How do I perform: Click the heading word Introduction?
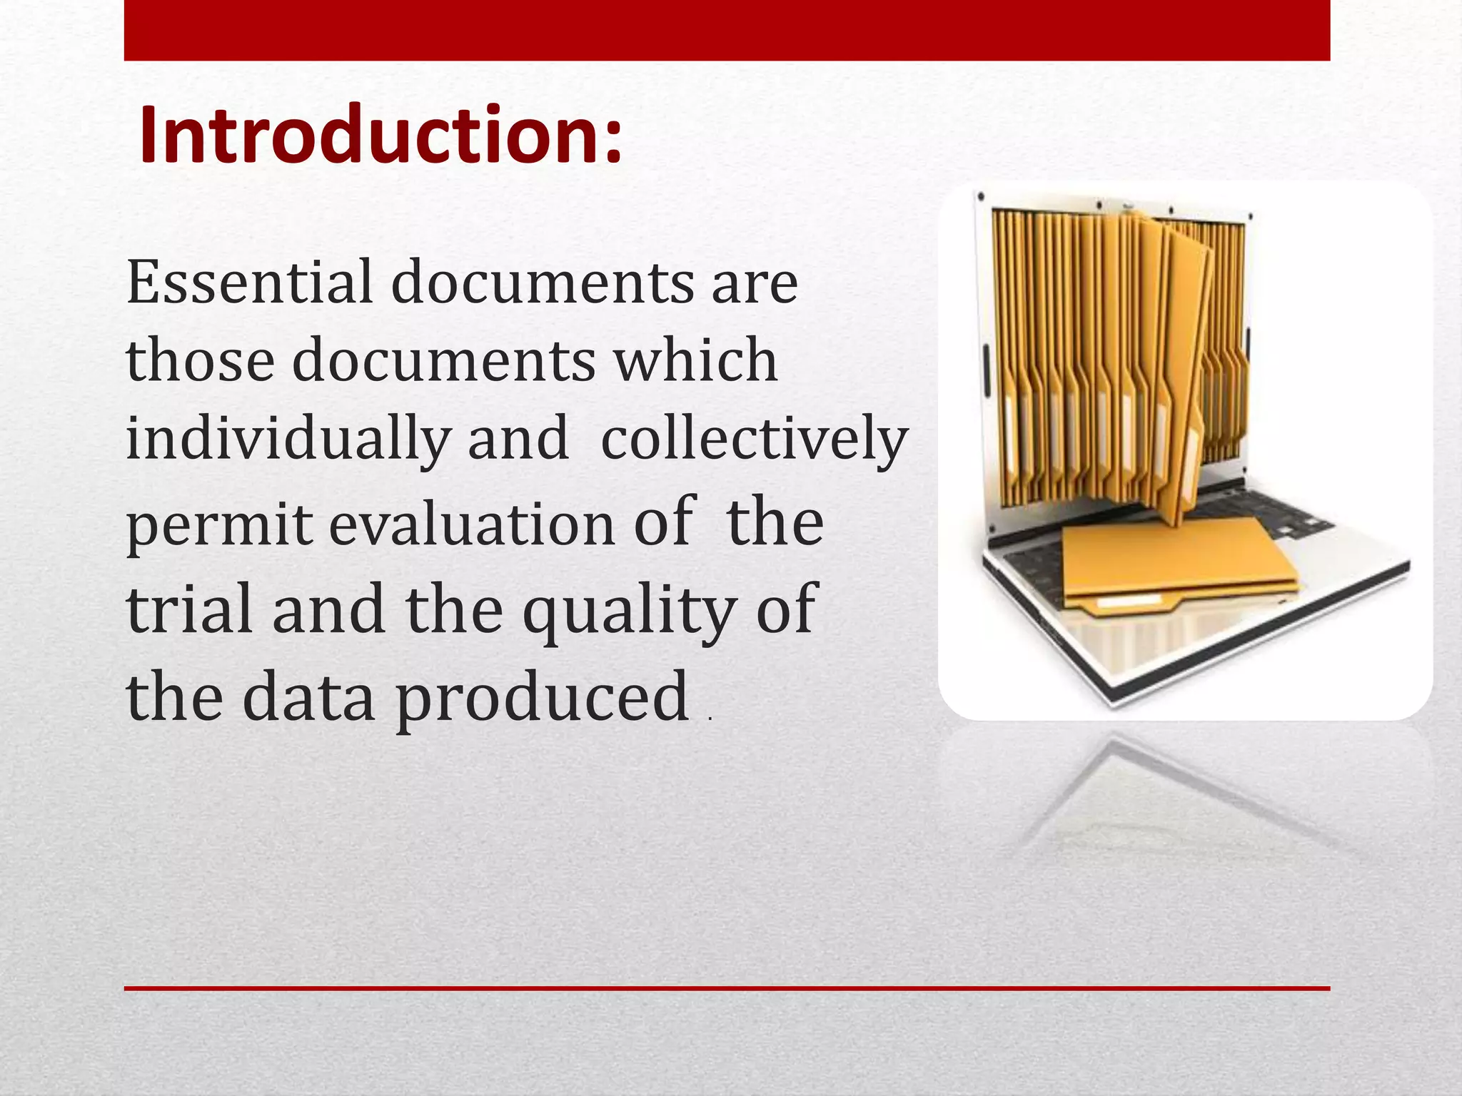click(x=370, y=136)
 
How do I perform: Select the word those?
click(x=201, y=361)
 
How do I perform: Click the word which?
click(x=696, y=361)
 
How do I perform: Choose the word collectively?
click(x=754, y=440)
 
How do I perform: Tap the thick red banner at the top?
click(x=727, y=30)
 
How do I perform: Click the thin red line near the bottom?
click(x=727, y=988)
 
